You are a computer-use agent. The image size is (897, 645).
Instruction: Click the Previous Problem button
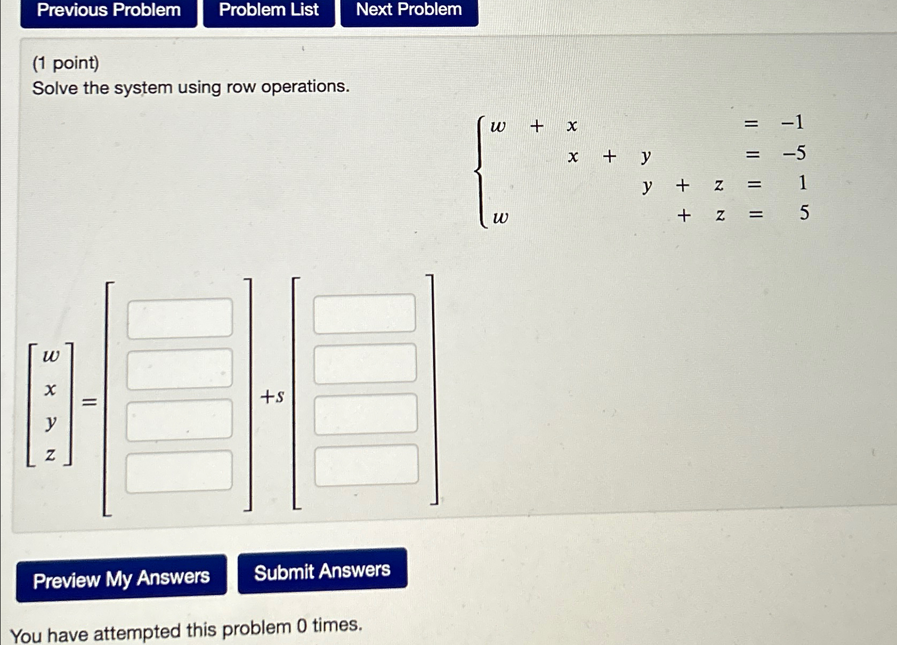(x=109, y=11)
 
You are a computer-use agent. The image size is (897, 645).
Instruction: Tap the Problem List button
(x=269, y=11)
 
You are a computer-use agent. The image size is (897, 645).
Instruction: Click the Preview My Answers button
(x=122, y=579)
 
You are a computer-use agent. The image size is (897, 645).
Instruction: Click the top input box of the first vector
(x=180, y=318)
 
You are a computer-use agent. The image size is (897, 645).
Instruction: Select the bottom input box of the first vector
(x=179, y=471)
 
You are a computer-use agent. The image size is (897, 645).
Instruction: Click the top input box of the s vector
(x=365, y=313)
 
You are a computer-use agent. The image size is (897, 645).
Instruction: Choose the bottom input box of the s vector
(x=367, y=465)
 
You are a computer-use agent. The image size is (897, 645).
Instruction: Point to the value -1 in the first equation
(x=792, y=123)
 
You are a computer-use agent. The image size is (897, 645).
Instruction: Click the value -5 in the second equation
(x=794, y=154)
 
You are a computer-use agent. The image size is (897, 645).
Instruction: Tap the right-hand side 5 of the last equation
(x=804, y=213)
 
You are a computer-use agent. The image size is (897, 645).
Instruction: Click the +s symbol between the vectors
(x=272, y=397)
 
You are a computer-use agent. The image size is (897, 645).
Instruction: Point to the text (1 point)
(x=66, y=63)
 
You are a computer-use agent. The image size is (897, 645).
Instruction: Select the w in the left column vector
(x=51, y=356)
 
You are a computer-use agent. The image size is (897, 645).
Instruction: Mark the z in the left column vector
(x=50, y=455)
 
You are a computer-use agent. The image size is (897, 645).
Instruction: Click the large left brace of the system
(x=480, y=172)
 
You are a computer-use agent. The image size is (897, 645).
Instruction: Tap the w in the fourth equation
(x=500, y=217)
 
